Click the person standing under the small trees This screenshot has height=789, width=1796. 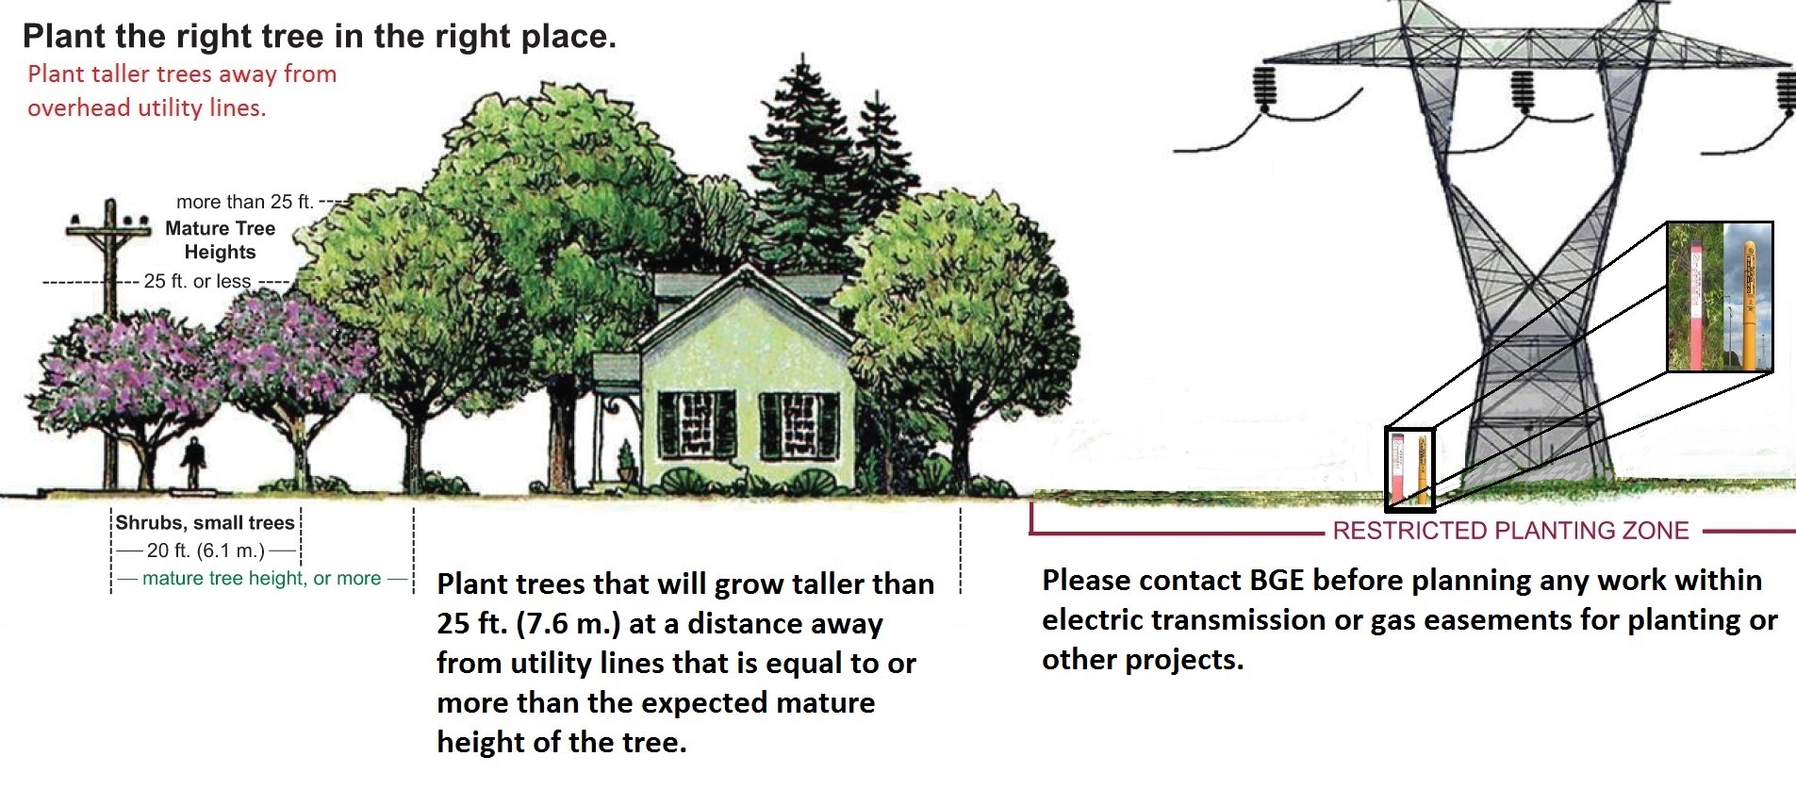[194, 463]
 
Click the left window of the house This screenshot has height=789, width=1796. [696, 424]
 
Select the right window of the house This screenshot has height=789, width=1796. [799, 424]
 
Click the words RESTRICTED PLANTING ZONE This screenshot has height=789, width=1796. [1510, 531]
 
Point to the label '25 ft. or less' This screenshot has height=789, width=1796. [197, 281]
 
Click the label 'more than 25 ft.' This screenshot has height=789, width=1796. [244, 202]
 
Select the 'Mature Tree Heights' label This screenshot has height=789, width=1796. [220, 239]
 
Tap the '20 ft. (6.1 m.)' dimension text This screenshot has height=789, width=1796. [206, 551]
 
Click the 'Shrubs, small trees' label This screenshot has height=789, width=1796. [205, 523]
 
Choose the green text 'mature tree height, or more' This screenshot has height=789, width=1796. [262, 578]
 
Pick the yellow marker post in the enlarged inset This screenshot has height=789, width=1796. [1749, 304]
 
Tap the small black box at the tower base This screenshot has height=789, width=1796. [1409, 468]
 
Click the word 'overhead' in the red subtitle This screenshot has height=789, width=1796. [79, 107]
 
